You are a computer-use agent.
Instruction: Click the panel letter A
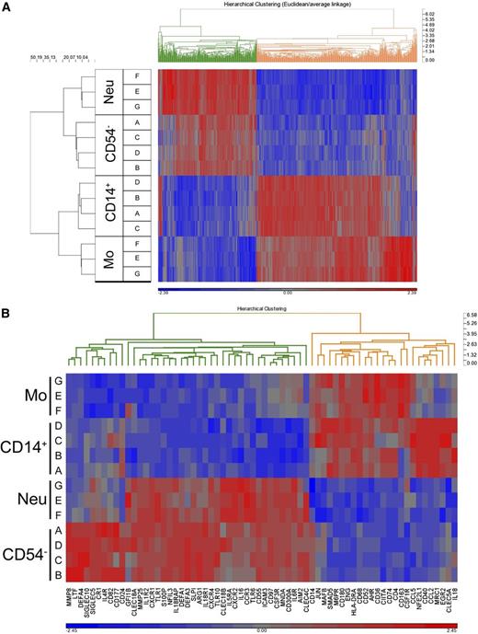click(x=9, y=7)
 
